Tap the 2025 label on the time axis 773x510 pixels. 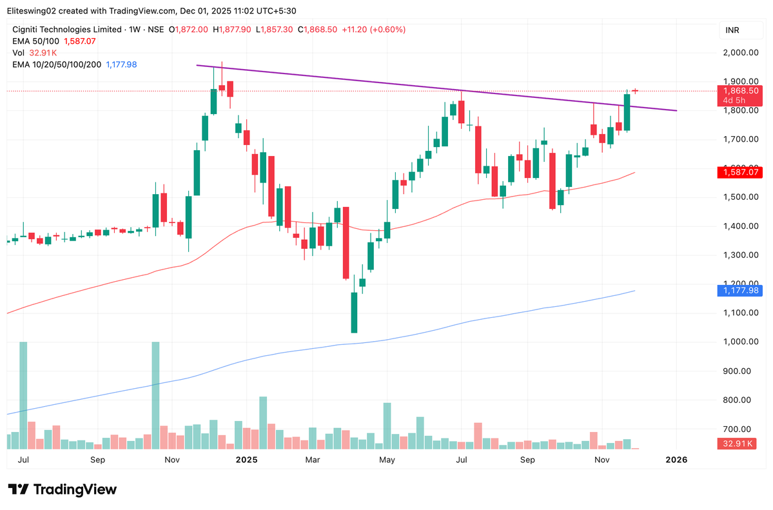246,460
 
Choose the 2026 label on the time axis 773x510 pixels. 676,460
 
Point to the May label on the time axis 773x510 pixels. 387,460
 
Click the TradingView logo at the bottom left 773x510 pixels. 63,489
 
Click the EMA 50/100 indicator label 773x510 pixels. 36,41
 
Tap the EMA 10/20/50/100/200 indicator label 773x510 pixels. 57,64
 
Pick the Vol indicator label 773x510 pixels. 19,53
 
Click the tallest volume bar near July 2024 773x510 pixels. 23,395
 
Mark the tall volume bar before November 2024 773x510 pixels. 155,395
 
